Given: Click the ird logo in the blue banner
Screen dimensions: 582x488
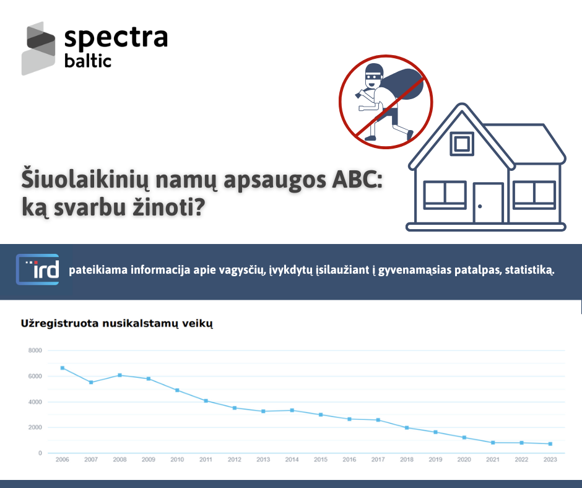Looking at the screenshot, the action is point(38,269).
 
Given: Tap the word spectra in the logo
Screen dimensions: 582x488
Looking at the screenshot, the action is point(116,38).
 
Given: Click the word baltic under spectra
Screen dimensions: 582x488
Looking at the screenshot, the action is point(87,61).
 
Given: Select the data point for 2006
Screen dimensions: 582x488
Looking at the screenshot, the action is point(63,368).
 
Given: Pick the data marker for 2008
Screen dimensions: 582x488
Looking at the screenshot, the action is point(120,375).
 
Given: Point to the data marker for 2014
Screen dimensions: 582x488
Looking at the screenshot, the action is point(292,411).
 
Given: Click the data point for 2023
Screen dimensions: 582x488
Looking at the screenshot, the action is point(550,444).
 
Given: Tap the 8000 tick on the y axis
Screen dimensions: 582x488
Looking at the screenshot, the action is point(35,351).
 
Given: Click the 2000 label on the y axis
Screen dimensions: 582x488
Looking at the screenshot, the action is point(35,427).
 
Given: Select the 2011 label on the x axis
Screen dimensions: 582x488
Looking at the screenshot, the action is point(206,460).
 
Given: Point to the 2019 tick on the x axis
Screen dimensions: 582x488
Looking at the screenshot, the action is point(435,460).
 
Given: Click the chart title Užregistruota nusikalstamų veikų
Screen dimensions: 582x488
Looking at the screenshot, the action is point(117,324).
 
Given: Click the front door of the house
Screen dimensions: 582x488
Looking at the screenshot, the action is point(488,203).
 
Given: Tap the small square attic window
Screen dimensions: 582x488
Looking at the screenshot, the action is point(462,143).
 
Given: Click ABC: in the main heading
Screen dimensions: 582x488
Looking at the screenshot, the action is point(357,180).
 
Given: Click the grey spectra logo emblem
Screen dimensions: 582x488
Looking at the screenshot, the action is point(38,48).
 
